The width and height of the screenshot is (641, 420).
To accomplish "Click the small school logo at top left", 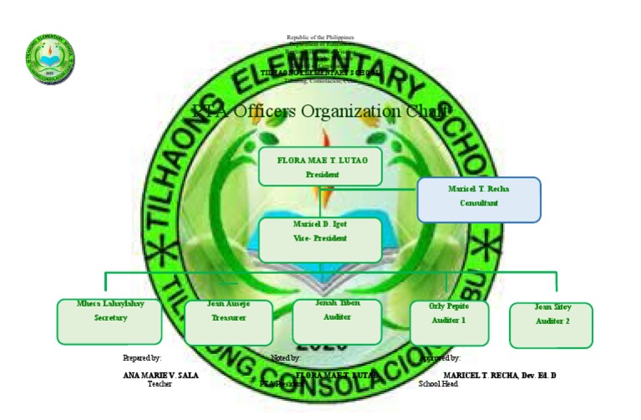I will [x=50, y=58].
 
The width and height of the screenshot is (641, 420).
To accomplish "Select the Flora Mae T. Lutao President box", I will [x=320, y=166].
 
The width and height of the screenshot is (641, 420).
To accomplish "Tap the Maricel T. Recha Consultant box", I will [x=478, y=199].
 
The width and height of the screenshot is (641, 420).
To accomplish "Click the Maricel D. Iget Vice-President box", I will [x=320, y=240].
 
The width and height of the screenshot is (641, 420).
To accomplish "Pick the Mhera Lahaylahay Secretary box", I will [x=110, y=321].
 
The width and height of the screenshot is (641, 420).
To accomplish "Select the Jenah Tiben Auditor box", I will [x=336, y=321].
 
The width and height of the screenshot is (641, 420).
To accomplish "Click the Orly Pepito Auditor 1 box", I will [x=449, y=322].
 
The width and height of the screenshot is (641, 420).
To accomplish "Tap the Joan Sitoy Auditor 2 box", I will [x=551, y=325].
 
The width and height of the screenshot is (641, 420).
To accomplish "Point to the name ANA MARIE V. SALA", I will [x=160, y=376].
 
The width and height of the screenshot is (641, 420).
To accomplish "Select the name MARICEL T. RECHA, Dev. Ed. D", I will [x=499, y=376].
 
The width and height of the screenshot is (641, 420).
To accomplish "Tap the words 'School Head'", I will [x=437, y=383].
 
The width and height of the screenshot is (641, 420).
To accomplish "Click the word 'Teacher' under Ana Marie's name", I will [x=159, y=383].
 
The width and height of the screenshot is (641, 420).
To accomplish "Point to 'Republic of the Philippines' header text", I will [x=320, y=38].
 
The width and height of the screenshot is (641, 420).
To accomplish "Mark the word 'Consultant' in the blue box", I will [x=478, y=204].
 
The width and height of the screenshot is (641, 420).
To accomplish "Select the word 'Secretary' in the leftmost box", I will [x=110, y=318].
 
